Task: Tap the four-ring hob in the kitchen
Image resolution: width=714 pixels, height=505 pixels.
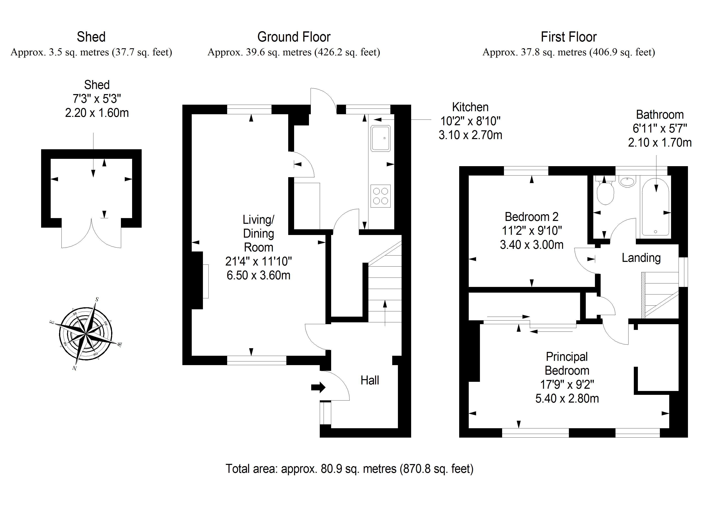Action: point(380,196)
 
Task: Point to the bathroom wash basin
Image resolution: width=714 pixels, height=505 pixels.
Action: point(627,181)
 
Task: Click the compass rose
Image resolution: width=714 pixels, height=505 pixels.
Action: point(85,334)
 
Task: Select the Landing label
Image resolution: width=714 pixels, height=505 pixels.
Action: point(641,258)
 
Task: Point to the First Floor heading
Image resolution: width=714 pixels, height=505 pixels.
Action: point(568,37)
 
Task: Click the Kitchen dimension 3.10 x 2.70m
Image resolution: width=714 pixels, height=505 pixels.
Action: point(470,135)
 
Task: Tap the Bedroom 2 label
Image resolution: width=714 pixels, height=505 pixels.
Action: point(531,217)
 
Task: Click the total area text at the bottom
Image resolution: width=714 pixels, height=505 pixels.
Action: point(349,469)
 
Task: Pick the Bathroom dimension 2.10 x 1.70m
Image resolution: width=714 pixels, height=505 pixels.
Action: point(660,143)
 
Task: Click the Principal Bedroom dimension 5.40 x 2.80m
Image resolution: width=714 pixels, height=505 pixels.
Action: point(567,399)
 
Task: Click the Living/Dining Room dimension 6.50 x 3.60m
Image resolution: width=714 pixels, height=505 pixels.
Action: point(258,275)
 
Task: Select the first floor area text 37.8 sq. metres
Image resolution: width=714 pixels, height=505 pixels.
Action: point(568,52)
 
